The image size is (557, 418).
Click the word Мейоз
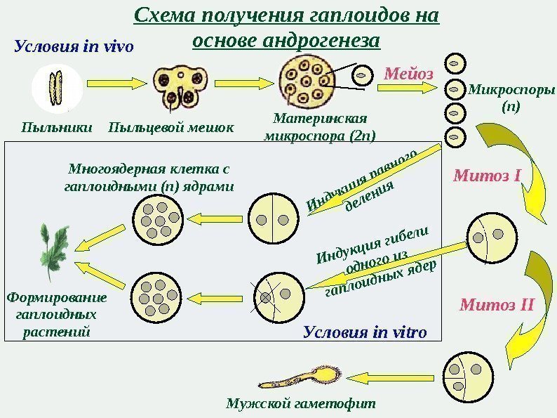coord(409,73)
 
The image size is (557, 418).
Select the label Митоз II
coord(497,306)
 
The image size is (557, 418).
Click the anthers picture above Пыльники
coord(56,90)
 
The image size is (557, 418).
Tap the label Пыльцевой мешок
coord(171,128)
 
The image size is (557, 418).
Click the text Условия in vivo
coord(73,47)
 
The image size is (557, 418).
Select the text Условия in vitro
coord(365,332)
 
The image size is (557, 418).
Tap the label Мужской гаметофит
coord(301,404)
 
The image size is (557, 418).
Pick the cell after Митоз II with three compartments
coord(464,376)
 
